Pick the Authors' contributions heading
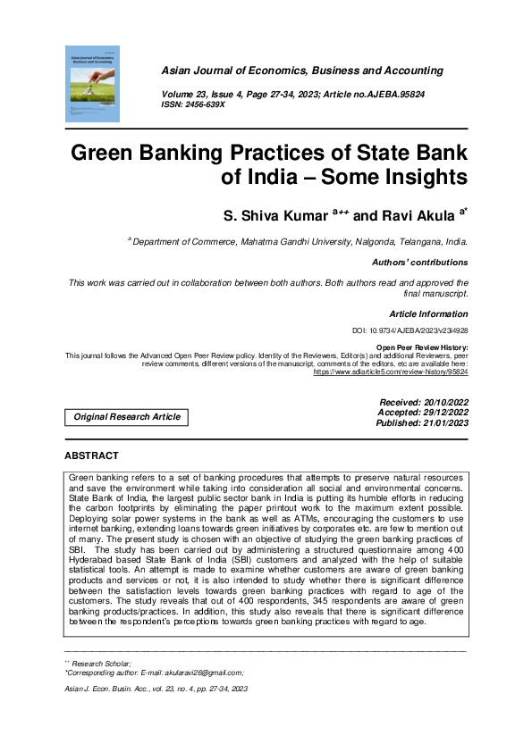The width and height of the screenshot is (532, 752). click(x=419, y=263)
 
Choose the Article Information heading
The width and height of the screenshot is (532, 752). click(x=428, y=314)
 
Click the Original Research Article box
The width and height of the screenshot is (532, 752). click(x=126, y=417)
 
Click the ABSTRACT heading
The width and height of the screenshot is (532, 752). click(x=91, y=456)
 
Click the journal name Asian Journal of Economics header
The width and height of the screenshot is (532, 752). click(x=301, y=71)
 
